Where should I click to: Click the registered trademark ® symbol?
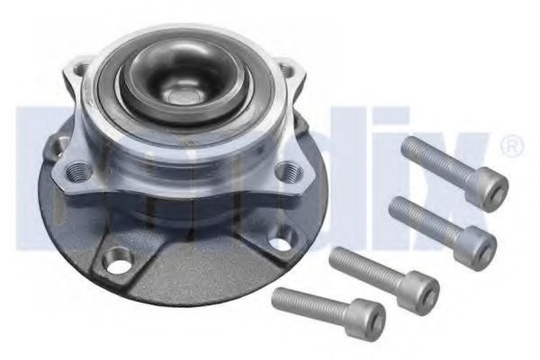click(508, 145)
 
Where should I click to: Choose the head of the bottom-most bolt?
click(367, 319)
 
